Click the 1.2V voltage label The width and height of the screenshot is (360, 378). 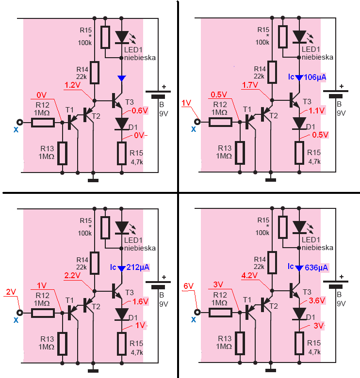pyautogui.click(x=72, y=85)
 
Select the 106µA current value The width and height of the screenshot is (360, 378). pyautogui.click(x=315, y=78)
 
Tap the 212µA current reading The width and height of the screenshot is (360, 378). pyautogui.click(x=138, y=268)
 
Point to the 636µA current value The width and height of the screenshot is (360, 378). pyautogui.click(x=316, y=268)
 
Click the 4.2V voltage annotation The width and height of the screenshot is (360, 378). pyautogui.click(x=249, y=275)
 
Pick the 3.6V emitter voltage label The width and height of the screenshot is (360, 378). pyautogui.click(x=317, y=300)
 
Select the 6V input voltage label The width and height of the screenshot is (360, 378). pyautogui.click(x=188, y=286)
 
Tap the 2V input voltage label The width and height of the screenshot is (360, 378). pyautogui.click(x=11, y=292)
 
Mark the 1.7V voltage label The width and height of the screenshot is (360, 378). pyautogui.click(x=250, y=85)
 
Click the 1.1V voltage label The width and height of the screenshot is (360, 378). pyautogui.click(x=317, y=110)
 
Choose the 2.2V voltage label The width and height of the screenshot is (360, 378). pyautogui.click(x=72, y=275)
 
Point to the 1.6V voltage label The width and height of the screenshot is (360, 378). pyautogui.click(x=140, y=301)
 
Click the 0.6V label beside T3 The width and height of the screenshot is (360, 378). pyautogui.click(x=140, y=110)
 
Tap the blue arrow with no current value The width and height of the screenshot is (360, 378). pyautogui.click(x=122, y=78)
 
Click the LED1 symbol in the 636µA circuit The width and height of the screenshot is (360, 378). pyautogui.click(x=299, y=228)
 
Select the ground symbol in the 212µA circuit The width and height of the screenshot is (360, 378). pyautogui.click(x=93, y=371)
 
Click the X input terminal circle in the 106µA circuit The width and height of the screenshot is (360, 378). pyautogui.click(x=197, y=122)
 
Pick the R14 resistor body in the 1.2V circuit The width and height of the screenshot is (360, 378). pyautogui.click(x=95, y=73)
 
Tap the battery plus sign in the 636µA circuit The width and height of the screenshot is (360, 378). pyautogui.click(x=342, y=277)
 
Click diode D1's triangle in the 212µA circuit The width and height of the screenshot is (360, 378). pyautogui.click(x=122, y=314)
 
